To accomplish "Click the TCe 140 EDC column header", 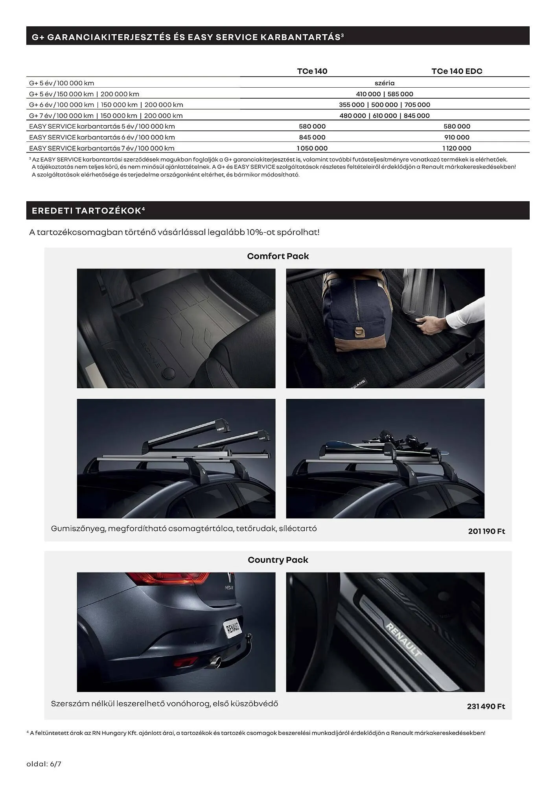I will (457, 71).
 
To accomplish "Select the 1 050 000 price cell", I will (312, 148).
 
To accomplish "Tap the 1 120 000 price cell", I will (457, 148).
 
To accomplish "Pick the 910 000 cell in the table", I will (457, 137).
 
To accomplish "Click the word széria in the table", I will (384, 83).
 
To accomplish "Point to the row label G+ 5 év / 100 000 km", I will (62, 83).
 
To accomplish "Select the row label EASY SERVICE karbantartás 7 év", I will (101, 148).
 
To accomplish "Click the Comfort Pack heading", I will (278, 256).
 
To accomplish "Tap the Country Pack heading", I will (278, 560).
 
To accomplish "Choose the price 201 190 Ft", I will (486, 531).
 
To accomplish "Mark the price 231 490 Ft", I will (486, 706).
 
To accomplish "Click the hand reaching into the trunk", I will (429, 325).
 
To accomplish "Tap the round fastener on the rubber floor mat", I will (169, 373).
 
